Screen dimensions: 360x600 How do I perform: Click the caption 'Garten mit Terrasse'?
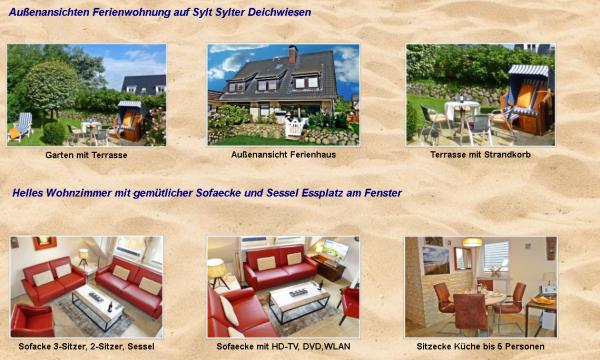pos(86,156)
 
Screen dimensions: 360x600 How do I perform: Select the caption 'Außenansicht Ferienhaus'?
pos(282,156)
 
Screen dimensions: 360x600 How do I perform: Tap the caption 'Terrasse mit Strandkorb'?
pos(480,155)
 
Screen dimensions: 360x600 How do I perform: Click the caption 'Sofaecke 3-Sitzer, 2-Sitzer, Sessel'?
pos(86,347)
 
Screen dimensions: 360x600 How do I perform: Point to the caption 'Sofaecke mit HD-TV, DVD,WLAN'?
pos(282,347)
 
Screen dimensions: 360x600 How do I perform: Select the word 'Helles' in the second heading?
pos(33,192)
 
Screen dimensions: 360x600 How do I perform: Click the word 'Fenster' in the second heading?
pos(379,192)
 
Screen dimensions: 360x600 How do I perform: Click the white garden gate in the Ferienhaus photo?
pos(295,127)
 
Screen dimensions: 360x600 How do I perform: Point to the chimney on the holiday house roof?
pos(293,54)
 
